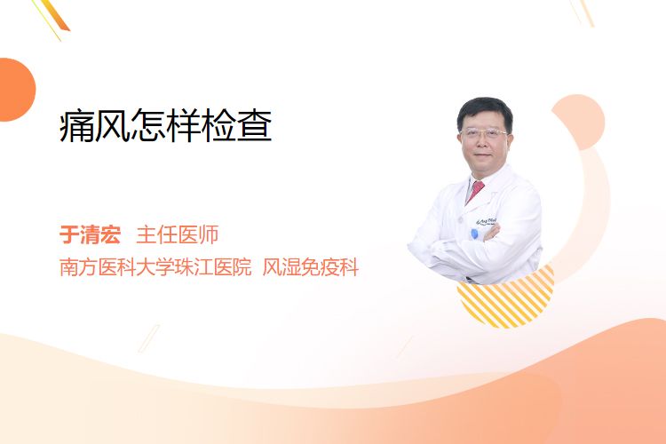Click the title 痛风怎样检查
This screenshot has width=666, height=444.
[x=166, y=125]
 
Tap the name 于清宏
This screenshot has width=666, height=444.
[x=90, y=234]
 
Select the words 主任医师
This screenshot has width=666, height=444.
[x=177, y=234]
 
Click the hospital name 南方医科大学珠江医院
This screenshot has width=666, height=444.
[x=155, y=267]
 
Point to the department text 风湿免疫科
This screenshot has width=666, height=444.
[x=311, y=267]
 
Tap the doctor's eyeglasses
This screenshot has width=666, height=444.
[x=484, y=133]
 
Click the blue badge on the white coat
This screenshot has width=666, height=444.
[x=475, y=234]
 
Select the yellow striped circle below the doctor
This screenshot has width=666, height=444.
[x=506, y=299]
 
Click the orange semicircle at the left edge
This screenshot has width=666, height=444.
[x=16, y=90]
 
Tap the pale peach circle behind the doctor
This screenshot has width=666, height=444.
[x=578, y=122]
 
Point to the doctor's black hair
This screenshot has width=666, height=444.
[x=485, y=108]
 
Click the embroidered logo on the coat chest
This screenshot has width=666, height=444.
[x=487, y=221]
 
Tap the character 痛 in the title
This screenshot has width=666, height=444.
[x=76, y=126]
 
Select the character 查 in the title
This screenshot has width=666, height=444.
[x=255, y=126]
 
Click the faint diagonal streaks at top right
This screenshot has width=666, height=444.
[x=582, y=12]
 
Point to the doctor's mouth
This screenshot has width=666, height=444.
[x=483, y=155]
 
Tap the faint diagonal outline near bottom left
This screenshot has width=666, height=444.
[x=149, y=338]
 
